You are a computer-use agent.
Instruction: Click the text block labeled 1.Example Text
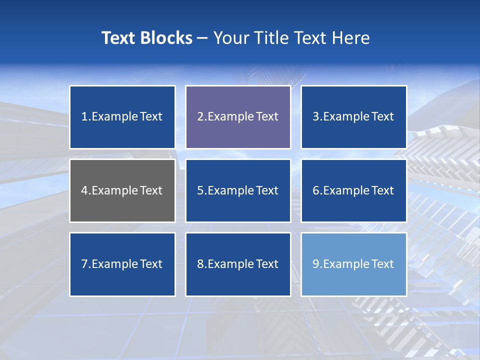point(122,117)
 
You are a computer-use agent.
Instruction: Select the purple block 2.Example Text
point(238,117)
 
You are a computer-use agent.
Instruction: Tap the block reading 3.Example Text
point(353,117)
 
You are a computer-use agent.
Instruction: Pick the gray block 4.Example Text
point(122,190)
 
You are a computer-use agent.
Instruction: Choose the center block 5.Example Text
point(238,190)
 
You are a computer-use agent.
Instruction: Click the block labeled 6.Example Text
point(353,190)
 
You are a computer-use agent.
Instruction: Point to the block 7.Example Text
point(122,264)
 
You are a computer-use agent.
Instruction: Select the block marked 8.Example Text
point(238,264)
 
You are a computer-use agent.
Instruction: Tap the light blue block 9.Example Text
point(353,264)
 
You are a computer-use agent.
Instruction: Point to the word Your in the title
point(230,38)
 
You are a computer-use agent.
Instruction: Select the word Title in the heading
point(270,38)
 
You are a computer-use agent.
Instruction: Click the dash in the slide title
point(202,38)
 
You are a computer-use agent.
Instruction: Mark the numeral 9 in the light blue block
point(316,264)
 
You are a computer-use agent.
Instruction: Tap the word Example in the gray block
point(114,190)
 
